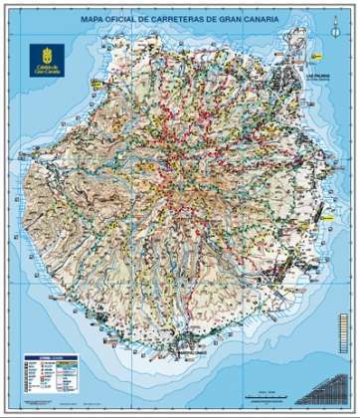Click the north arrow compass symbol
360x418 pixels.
pos(322,38)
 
